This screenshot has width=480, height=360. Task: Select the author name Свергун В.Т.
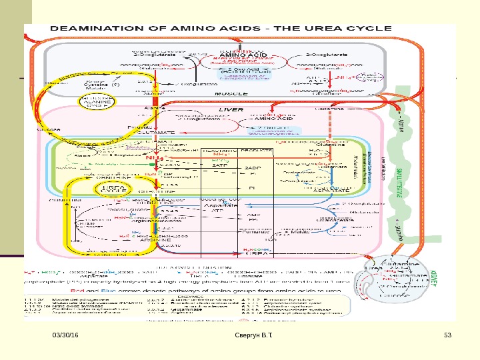(x=260, y=342)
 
